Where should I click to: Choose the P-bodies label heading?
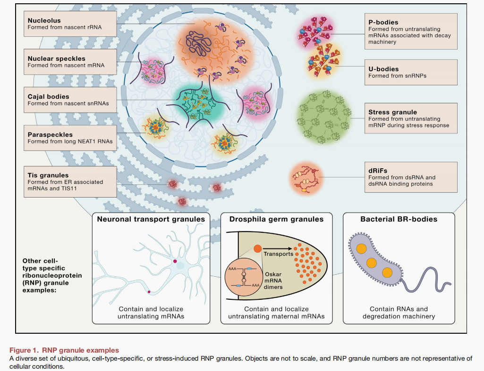[x=383, y=22]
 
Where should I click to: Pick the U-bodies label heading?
[x=383, y=69]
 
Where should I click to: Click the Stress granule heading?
[x=392, y=113]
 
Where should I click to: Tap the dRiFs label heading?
[x=378, y=171]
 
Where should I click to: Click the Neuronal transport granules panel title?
[x=151, y=219]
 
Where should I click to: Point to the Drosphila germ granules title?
[x=276, y=219]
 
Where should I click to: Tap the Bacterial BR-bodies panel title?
[x=399, y=219]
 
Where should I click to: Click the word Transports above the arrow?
[x=279, y=254]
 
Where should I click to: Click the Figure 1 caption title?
[x=64, y=350]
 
